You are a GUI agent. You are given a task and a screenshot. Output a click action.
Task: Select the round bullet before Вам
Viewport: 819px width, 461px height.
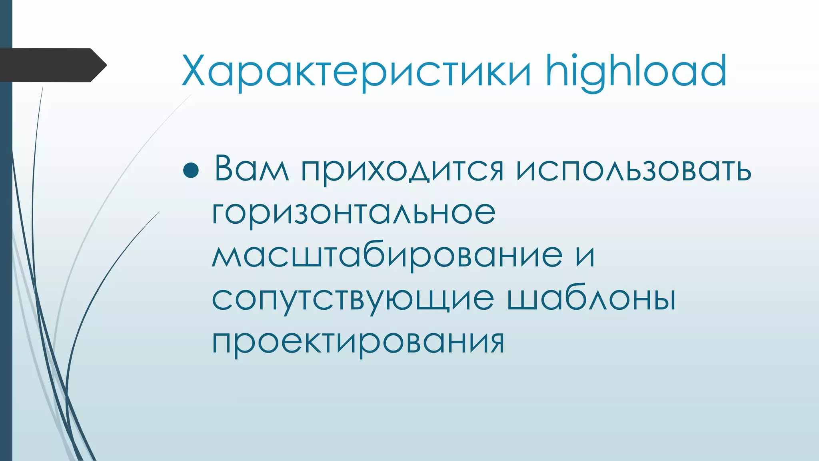point(191,170)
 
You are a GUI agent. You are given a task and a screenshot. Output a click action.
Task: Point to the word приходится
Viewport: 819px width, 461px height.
point(402,170)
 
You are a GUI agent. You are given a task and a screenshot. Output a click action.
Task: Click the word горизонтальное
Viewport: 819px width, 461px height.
point(354,213)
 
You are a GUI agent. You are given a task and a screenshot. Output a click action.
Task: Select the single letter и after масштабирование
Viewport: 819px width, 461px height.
point(585,256)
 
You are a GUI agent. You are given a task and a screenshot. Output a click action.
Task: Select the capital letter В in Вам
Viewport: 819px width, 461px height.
point(225,168)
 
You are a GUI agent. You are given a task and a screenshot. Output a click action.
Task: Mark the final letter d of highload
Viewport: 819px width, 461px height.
point(714,70)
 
